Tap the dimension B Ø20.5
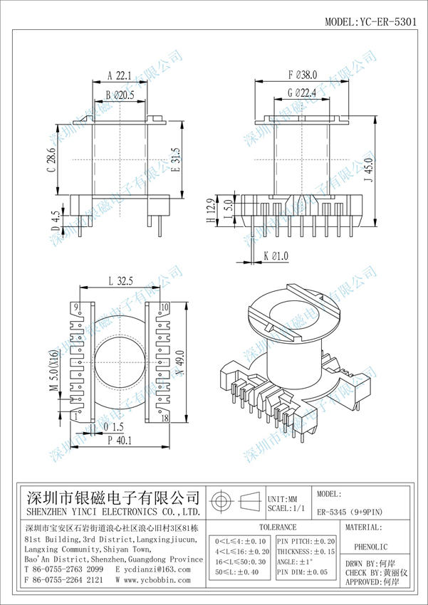(120, 95)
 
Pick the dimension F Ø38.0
(302, 75)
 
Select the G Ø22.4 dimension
(301, 93)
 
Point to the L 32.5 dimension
(123, 282)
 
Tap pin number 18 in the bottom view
(165, 419)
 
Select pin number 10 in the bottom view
(165, 307)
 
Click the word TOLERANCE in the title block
(277, 527)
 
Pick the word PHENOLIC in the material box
(375, 549)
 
